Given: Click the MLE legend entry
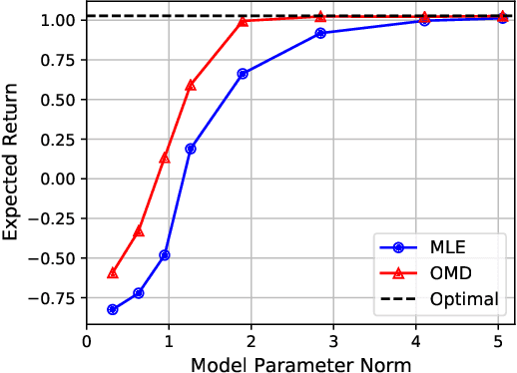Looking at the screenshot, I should coord(446,243).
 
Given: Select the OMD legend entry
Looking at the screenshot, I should coord(446,270).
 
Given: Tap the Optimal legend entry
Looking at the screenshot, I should coord(446,298).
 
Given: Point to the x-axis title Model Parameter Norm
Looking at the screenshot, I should coord(300,364).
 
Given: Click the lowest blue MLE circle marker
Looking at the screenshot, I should coord(113,309).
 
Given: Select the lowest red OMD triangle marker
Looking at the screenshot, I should coord(113,272).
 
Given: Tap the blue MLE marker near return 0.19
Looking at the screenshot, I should coord(191,149).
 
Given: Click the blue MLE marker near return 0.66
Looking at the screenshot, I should coord(243,73).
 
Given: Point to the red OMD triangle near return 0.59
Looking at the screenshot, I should coord(191,85).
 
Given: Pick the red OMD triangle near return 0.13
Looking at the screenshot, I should coord(165,158).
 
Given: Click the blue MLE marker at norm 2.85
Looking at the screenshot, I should coord(320,33).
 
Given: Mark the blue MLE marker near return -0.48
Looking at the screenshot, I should coord(165,254).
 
